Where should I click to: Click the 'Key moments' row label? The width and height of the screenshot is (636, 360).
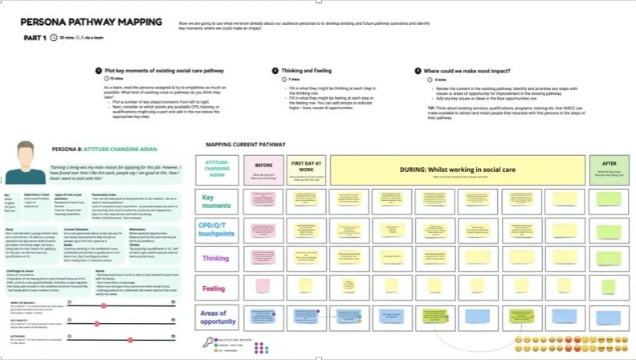(219, 202)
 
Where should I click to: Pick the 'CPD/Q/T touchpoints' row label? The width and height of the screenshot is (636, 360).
(219, 230)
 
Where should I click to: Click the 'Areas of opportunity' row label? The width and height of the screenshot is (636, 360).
(219, 317)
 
